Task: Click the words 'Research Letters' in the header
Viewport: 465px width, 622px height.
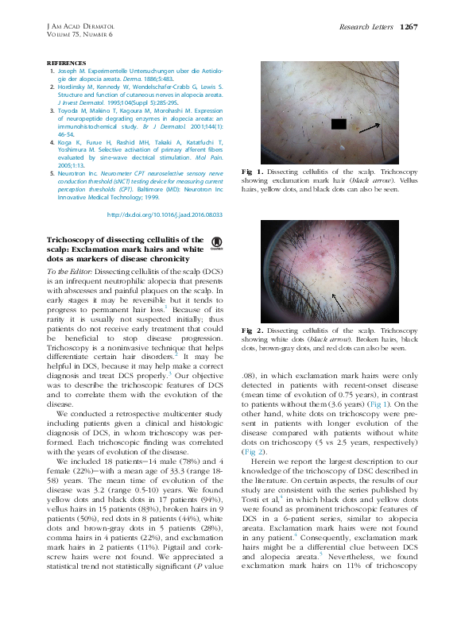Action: point(366,26)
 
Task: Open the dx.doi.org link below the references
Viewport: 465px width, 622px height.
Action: point(164,214)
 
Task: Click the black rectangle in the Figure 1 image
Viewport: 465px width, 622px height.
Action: point(339,123)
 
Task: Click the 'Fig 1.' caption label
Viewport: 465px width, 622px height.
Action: point(247,172)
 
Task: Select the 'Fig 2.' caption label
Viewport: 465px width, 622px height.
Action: point(247,329)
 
